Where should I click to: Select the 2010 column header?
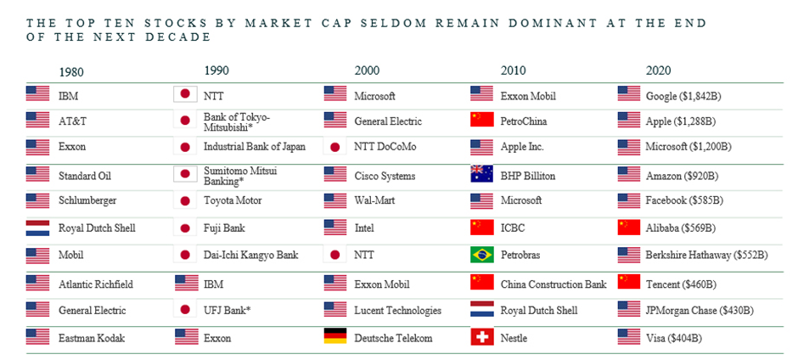(x=514, y=70)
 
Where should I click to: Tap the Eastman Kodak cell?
(x=92, y=338)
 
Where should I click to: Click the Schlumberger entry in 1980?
(x=87, y=200)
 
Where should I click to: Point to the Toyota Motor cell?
(x=233, y=200)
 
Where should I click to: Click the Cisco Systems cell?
(x=385, y=176)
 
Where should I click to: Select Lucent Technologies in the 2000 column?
(x=398, y=311)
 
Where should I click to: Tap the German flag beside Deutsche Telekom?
(x=335, y=337)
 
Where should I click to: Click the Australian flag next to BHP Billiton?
(x=481, y=175)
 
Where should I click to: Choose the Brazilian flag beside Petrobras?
(x=481, y=254)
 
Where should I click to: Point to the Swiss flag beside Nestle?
(x=481, y=337)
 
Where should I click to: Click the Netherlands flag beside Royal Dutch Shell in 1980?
(x=38, y=228)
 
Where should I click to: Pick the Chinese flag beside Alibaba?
(x=629, y=228)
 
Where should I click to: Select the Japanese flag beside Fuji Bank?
(x=184, y=228)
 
